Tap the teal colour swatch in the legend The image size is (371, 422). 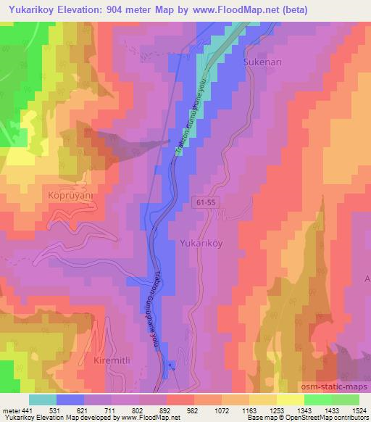tap(43, 400)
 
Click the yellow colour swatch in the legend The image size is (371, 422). tap(290, 400)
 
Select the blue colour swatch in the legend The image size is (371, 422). tap(70, 400)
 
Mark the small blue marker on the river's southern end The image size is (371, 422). tap(171, 365)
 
